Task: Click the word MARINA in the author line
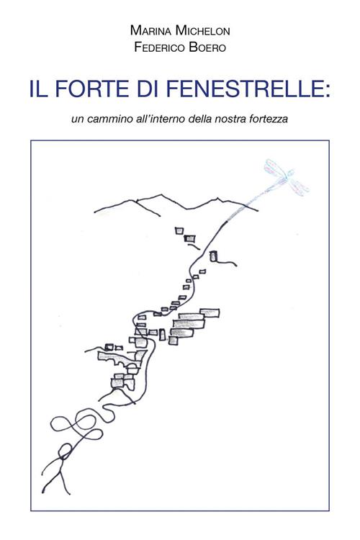151,31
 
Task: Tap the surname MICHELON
202,31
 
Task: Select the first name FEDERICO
159,47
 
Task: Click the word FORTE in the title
92,88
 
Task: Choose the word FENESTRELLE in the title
244,88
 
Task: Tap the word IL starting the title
39,88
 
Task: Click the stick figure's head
65,451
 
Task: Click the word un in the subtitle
78,120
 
